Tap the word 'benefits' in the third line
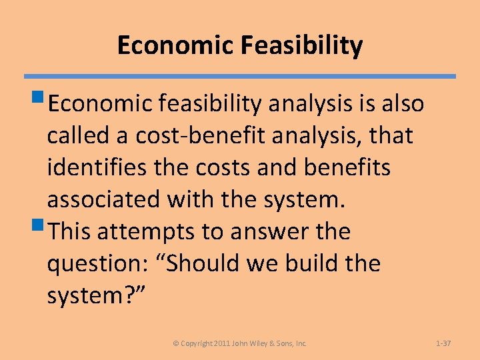[347, 167]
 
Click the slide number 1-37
[443, 343]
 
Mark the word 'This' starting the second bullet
[72, 231]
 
